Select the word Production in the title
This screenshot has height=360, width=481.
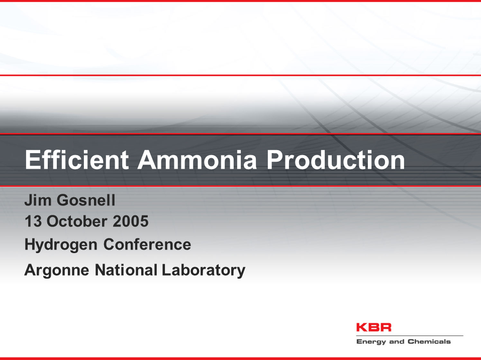click(x=335, y=160)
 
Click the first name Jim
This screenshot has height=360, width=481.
click(x=36, y=201)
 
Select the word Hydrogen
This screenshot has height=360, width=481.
click(x=61, y=245)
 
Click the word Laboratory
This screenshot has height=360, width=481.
click(x=204, y=270)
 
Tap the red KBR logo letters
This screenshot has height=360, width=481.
click(x=373, y=327)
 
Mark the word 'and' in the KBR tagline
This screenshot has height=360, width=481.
click(x=397, y=342)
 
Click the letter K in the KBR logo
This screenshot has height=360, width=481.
click(x=362, y=327)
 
